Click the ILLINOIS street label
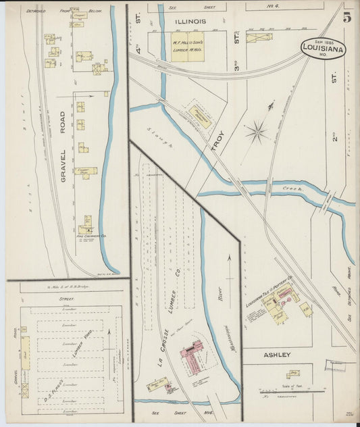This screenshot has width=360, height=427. [190, 21]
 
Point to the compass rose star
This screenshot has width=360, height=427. [257, 131]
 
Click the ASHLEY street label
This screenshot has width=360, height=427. [277, 354]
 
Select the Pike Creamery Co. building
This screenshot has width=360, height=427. [86, 226]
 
